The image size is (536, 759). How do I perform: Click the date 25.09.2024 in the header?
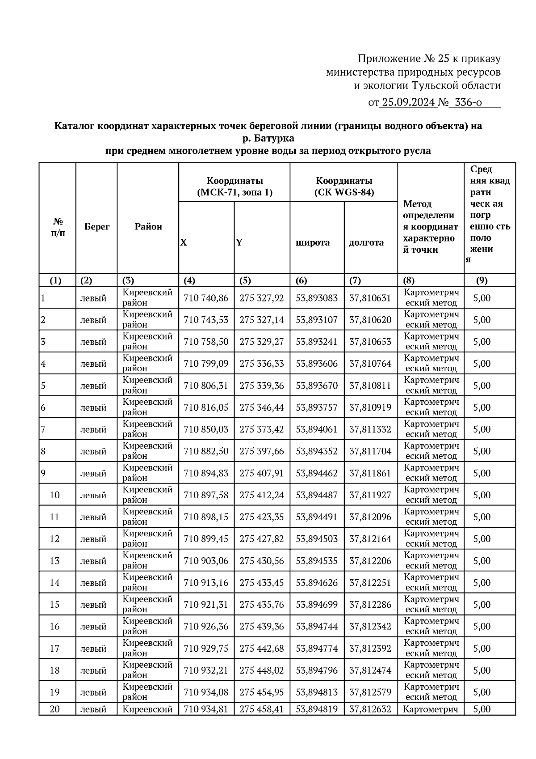408,102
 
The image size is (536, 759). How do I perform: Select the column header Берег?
97,227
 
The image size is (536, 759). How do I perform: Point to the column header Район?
148,227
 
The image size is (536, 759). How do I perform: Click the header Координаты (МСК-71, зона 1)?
234,187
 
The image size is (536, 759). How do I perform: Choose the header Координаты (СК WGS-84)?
344,187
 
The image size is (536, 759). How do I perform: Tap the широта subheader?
313,243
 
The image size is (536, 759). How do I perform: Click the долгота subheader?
366,243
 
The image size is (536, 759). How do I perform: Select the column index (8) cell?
408,281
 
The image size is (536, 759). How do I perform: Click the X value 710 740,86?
206,298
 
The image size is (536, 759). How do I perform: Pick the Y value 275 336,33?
262,364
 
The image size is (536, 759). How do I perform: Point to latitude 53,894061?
317,429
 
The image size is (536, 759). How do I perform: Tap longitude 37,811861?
370,473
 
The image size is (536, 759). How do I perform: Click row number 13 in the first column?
54,561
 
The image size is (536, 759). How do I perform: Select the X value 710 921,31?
206,605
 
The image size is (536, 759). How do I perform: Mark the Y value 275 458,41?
262,709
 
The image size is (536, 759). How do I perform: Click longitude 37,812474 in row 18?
370,670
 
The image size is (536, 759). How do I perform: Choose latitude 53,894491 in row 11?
317,517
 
